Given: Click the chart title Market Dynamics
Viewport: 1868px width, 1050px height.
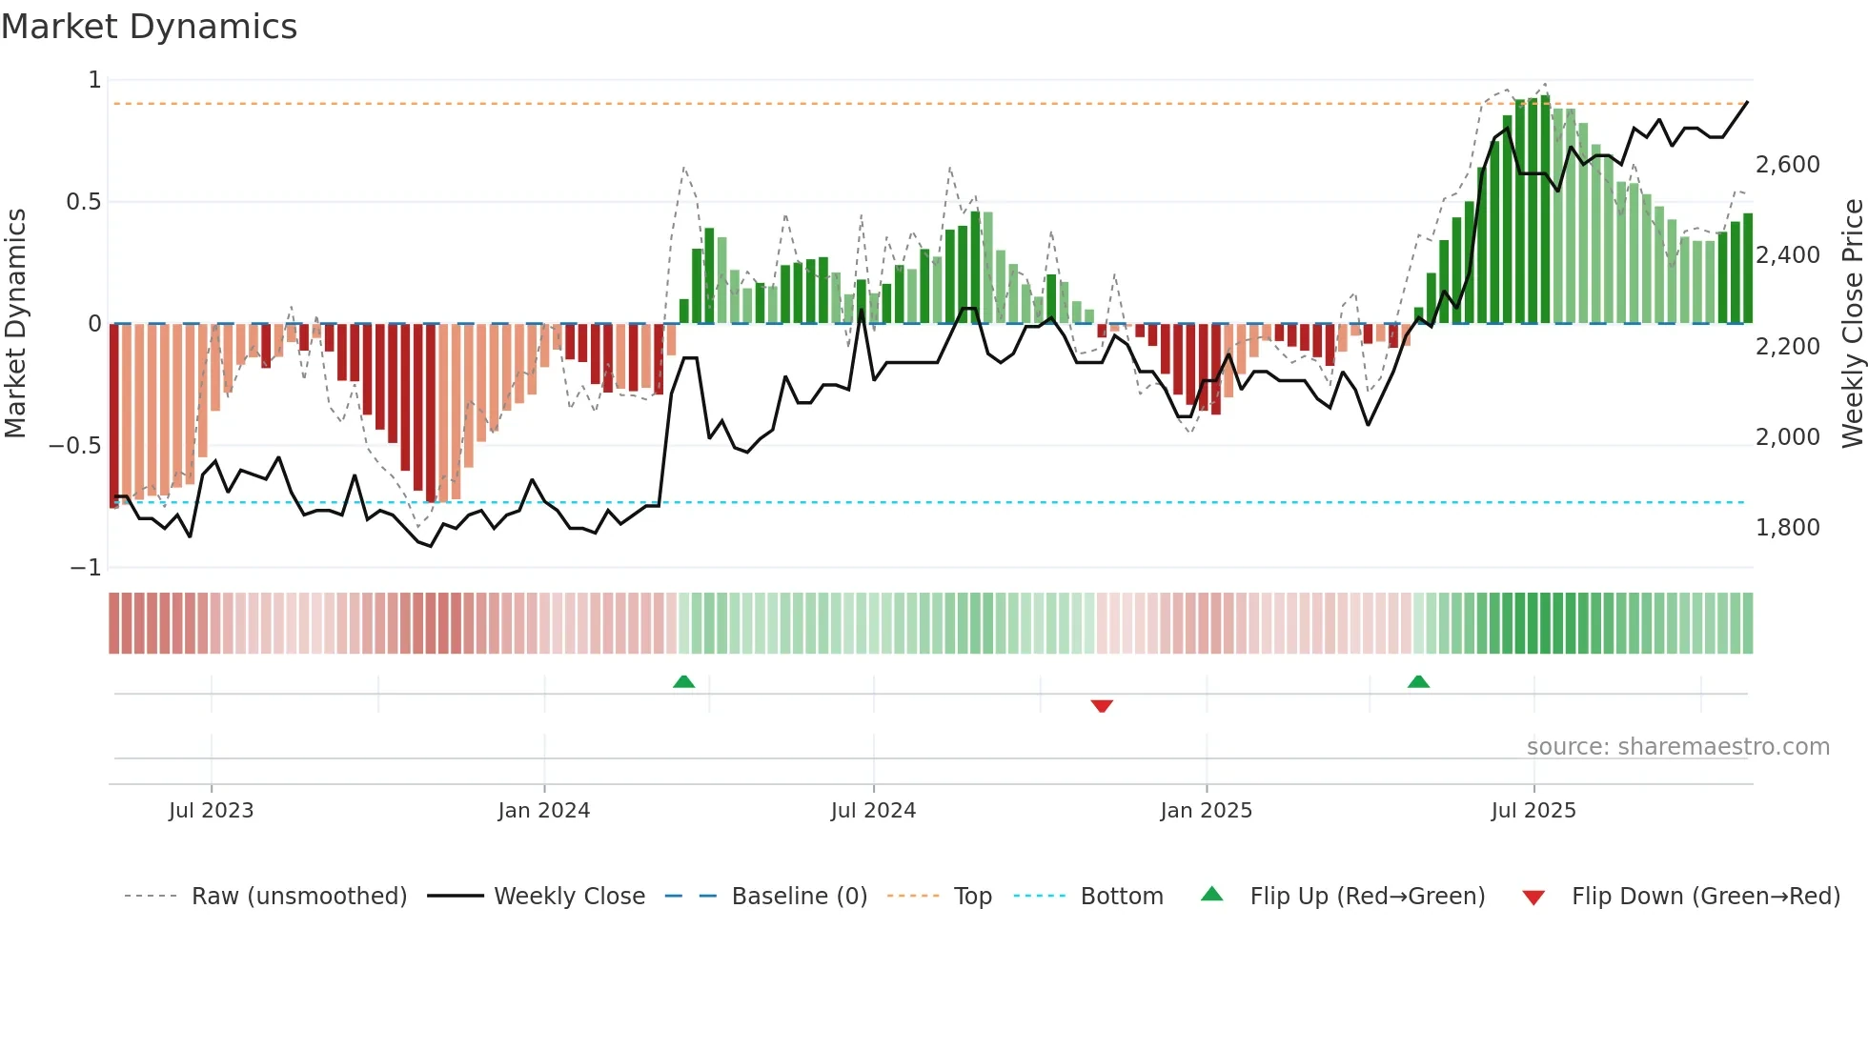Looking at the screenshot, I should [x=149, y=27].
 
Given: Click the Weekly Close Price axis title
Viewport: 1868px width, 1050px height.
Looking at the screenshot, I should [x=1852, y=323].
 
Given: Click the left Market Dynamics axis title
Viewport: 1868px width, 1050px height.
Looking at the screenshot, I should [x=15, y=323].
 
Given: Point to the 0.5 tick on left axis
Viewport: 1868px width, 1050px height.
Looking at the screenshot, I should [x=83, y=202].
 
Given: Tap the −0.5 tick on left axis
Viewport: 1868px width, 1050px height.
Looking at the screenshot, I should [x=75, y=446].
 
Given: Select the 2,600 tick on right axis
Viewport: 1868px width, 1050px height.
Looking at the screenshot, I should [x=1787, y=165].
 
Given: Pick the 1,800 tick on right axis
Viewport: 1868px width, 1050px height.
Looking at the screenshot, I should [x=1787, y=528].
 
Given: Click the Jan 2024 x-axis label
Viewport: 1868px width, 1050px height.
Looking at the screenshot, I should [x=543, y=811].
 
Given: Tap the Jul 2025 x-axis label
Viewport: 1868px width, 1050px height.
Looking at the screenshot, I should [x=1533, y=811].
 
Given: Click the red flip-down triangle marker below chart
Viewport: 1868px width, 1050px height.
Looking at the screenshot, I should [x=1102, y=706].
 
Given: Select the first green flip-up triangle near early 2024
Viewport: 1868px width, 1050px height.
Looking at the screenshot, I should [x=683, y=681].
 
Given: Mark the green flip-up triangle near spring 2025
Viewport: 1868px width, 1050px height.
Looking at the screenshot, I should [x=1418, y=681].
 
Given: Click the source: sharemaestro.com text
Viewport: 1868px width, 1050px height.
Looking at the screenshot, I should [x=1677, y=747].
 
